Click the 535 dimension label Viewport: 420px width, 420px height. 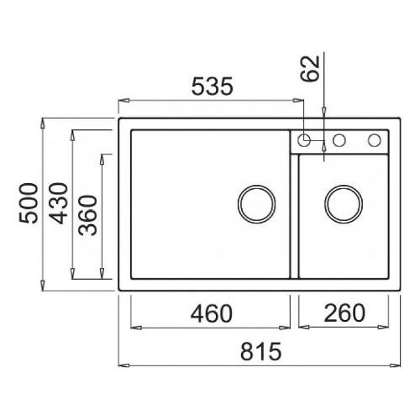tap(212, 87)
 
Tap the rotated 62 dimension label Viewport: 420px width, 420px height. tap(310, 69)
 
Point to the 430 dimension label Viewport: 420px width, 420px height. tap(58, 203)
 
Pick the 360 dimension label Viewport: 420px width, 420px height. tap(87, 215)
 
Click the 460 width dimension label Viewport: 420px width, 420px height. tap(212, 313)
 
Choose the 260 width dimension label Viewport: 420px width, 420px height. tap(344, 312)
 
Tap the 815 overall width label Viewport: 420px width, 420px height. tap(260, 351)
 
